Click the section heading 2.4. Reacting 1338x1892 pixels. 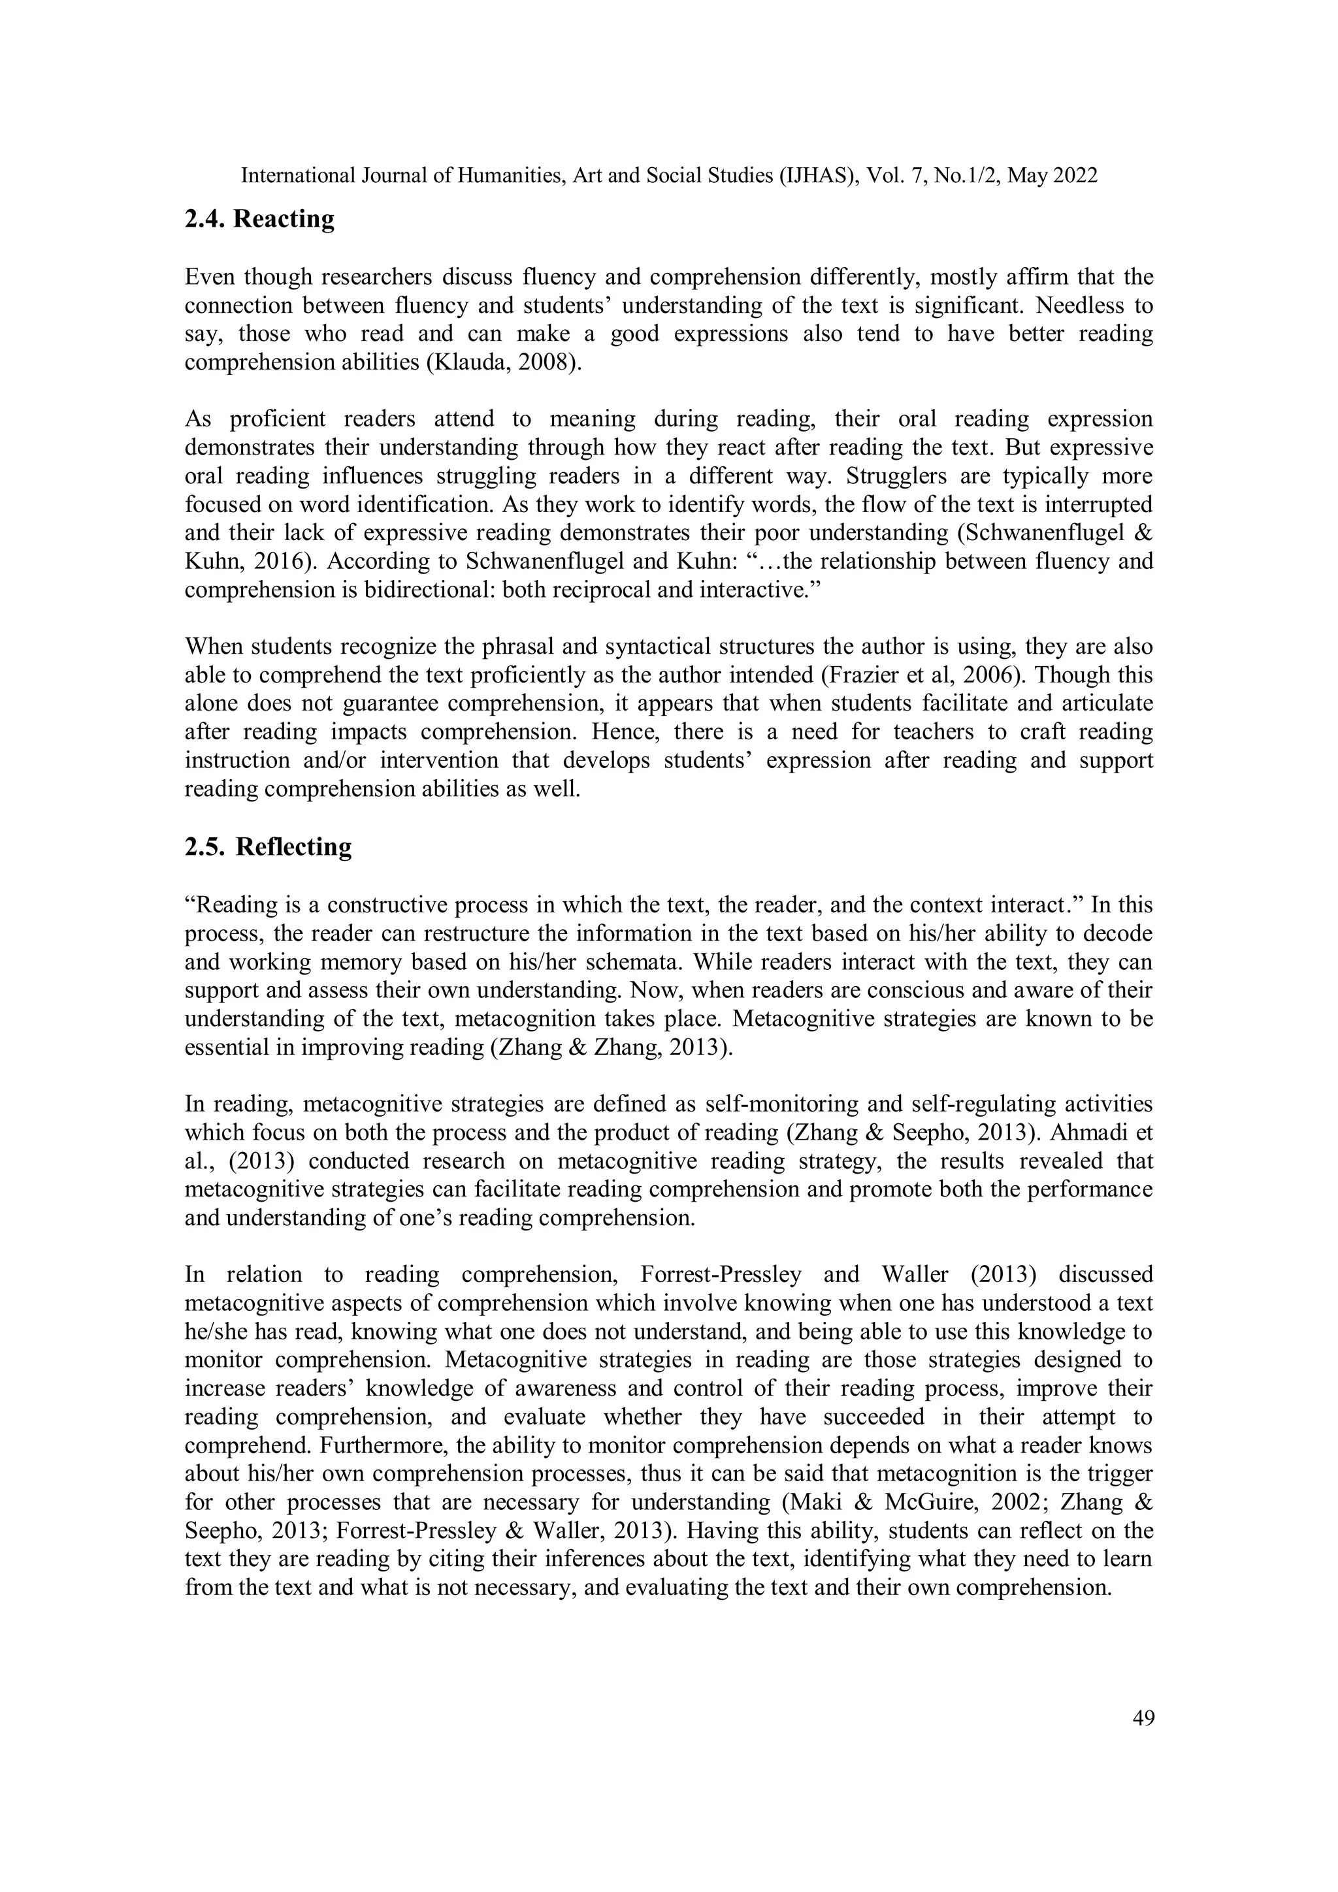pyautogui.click(x=259, y=219)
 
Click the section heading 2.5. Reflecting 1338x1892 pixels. pyautogui.click(x=269, y=847)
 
